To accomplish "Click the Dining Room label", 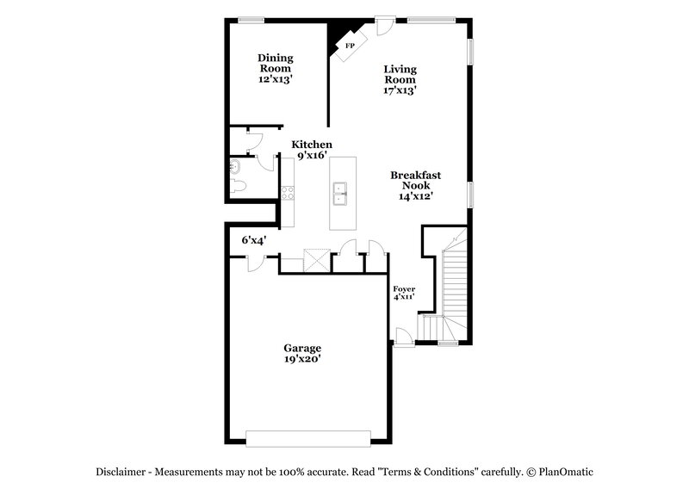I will pos(276,59).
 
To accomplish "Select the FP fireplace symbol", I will pos(351,46).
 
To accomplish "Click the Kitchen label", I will pos(311,145).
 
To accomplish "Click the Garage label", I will pos(302,349).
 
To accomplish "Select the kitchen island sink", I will pos(340,195).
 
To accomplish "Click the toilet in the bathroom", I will pos(239,187).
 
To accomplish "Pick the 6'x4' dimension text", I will pos(253,240).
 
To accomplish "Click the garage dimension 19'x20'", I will pos(302,360).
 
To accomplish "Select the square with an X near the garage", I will pos(316,261).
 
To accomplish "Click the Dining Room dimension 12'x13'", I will pos(276,77).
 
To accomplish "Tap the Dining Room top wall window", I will pos(251,20).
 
